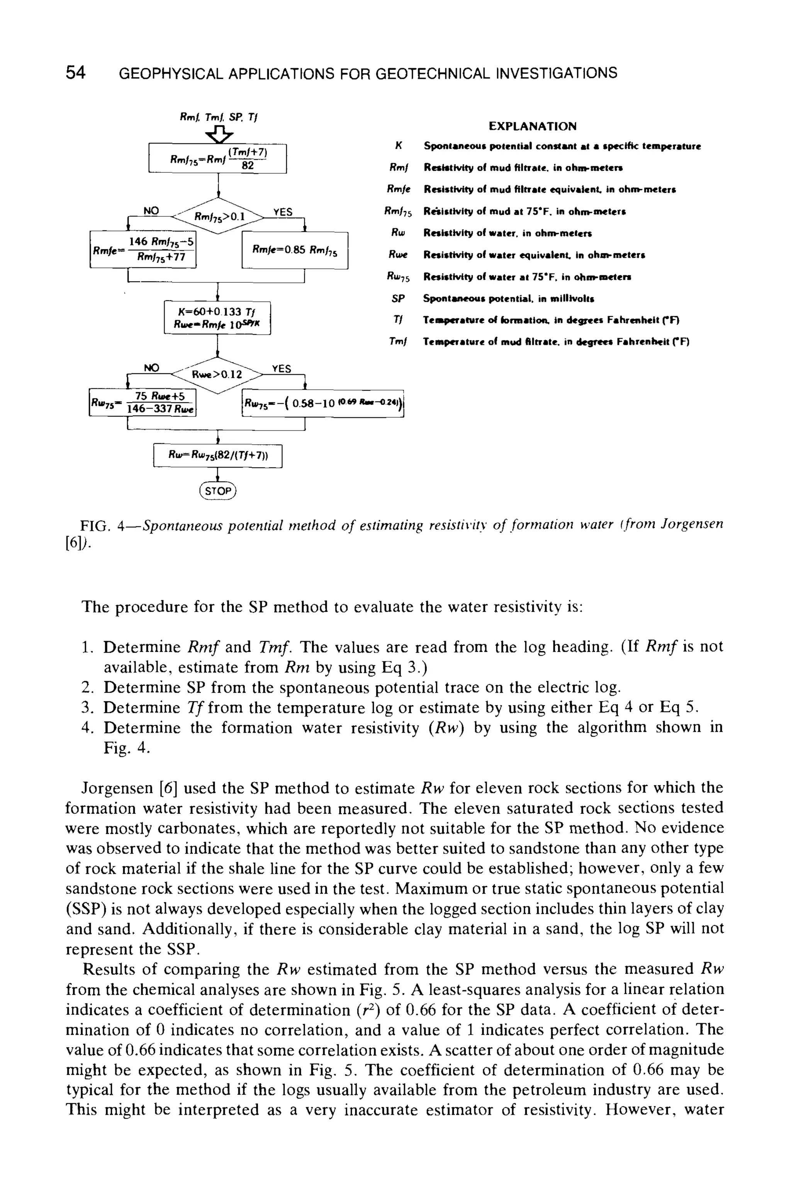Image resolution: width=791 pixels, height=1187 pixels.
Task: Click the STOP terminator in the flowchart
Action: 217,491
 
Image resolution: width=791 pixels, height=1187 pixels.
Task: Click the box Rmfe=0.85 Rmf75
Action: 295,250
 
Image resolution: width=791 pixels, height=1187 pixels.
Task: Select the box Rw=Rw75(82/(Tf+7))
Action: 217,456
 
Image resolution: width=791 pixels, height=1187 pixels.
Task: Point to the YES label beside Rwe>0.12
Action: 281,369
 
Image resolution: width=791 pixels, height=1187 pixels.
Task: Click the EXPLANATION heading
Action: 533,126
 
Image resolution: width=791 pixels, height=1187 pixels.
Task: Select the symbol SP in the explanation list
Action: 398,299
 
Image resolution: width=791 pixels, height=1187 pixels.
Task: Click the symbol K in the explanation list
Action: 398,146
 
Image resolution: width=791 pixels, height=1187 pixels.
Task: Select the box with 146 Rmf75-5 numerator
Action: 143,249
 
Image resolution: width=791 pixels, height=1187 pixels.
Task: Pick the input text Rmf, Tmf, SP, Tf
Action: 219,117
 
